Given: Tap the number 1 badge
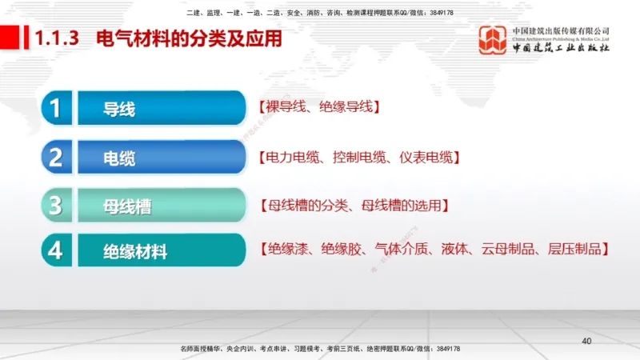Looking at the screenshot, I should tap(55, 108).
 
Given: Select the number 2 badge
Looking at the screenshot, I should tap(55, 157).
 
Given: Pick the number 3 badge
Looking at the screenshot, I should tap(55, 206).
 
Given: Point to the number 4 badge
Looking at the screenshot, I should tap(55, 250).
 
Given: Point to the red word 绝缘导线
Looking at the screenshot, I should tap(345, 107).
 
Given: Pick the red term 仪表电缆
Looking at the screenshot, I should tap(425, 156).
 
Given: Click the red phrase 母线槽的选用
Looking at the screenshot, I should tap(401, 205).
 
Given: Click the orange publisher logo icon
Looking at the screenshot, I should tap(493, 40).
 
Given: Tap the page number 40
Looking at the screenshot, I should tap(586, 342).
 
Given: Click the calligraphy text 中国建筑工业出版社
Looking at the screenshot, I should tap(561, 48).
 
